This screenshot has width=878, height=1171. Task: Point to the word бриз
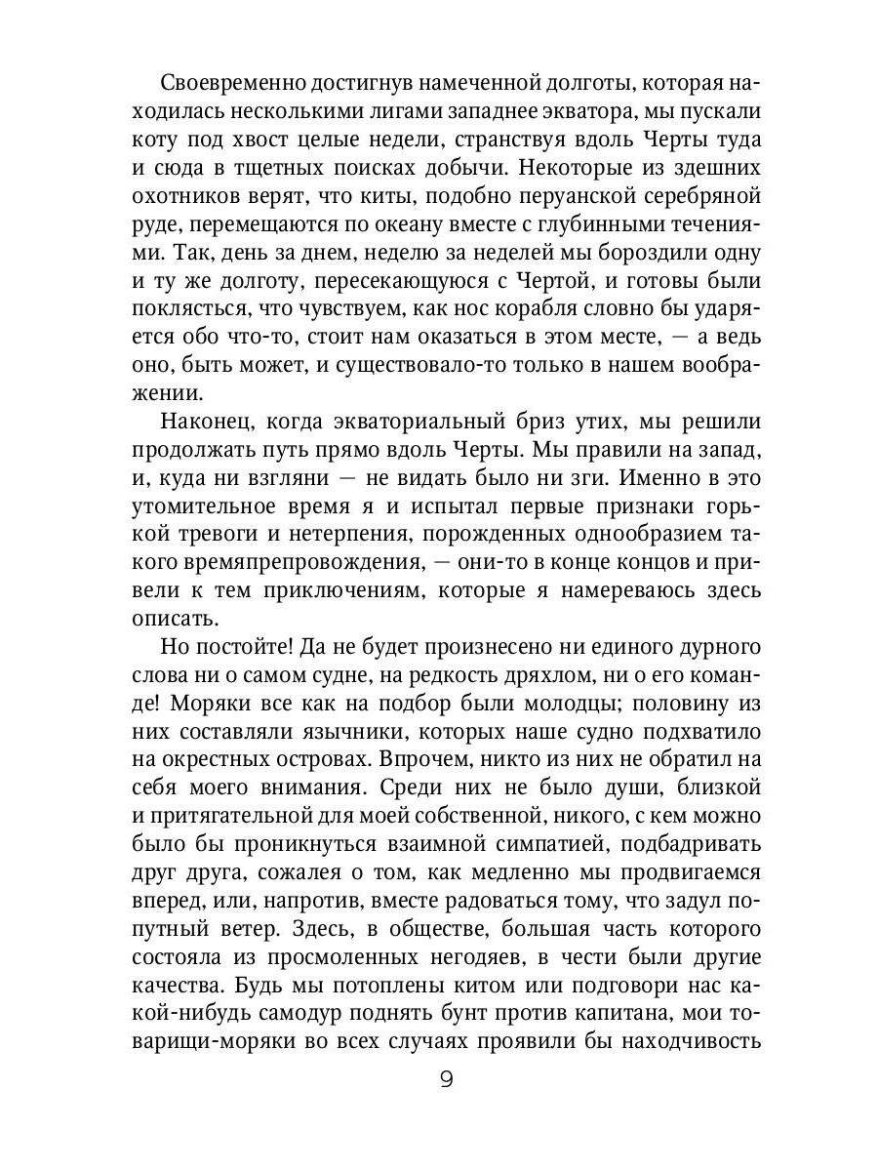point(515,422)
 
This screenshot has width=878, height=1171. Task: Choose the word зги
point(558,478)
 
